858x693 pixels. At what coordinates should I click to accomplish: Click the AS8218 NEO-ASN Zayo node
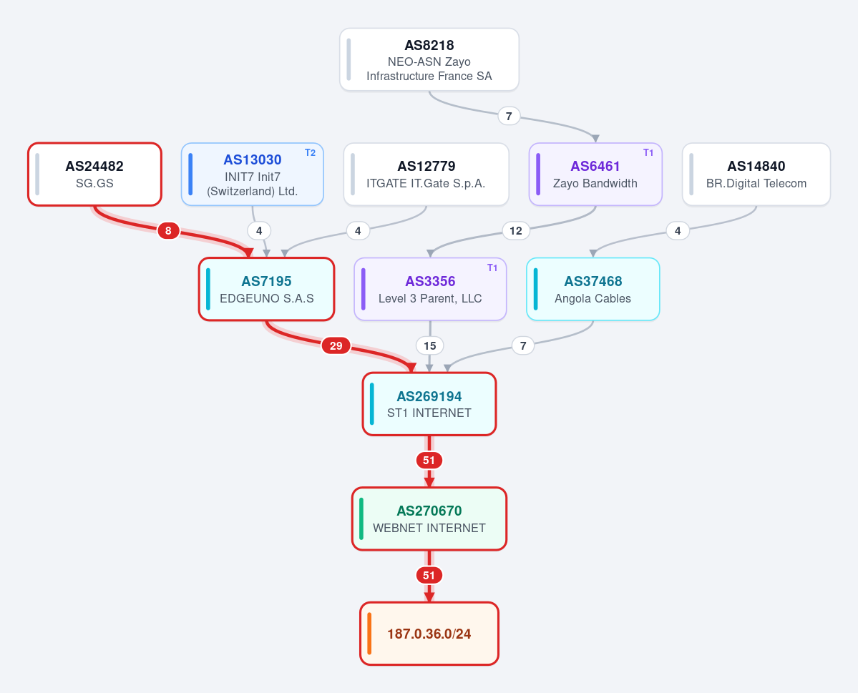(429, 59)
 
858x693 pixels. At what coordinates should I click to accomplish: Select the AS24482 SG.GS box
(94, 175)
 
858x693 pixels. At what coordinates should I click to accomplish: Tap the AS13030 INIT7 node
(253, 175)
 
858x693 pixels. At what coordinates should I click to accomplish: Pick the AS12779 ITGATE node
(426, 175)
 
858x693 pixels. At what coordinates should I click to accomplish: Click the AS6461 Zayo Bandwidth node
(595, 175)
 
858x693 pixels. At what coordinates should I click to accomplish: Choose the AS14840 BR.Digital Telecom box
(756, 175)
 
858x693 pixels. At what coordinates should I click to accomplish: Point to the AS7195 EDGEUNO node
(266, 289)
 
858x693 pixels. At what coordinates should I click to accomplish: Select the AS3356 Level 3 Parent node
(430, 289)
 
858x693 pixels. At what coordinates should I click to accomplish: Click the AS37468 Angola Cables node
(593, 289)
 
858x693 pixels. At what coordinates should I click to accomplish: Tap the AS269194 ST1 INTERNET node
(429, 404)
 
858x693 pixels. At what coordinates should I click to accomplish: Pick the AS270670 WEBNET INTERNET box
(429, 518)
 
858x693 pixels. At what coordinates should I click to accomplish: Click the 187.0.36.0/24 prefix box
(429, 634)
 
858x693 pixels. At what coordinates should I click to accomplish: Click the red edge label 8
(168, 231)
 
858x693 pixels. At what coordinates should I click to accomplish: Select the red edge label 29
(336, 345)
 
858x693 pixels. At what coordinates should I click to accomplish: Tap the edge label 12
(515, 231)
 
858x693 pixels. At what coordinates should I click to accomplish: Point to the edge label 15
(429, 345)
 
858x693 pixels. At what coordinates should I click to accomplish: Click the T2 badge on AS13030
(311, 153)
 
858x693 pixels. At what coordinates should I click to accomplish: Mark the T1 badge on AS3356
(492, 268)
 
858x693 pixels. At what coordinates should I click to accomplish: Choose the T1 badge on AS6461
(648, 153)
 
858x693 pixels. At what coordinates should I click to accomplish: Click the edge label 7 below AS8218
(509, 116)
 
